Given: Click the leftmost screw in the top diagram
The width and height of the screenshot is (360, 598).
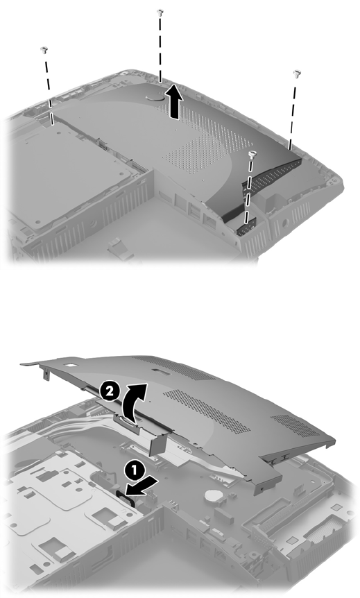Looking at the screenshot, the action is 44,50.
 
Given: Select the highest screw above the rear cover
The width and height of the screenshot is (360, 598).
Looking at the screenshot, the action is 160,12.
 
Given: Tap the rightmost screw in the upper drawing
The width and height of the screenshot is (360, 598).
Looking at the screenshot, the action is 297,74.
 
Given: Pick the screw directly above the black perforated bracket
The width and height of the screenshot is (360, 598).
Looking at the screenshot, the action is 252,154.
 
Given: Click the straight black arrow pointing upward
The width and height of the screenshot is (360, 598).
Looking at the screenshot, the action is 173,101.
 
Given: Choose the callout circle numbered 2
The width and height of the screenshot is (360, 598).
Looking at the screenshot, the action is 110,392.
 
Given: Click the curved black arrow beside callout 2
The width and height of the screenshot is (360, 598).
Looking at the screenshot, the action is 133,402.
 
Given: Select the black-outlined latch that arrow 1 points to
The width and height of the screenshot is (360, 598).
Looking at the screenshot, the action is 125,497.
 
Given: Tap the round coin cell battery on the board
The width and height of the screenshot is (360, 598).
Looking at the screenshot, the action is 211,496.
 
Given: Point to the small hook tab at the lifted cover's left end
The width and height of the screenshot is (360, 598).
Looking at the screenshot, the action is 45,375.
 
